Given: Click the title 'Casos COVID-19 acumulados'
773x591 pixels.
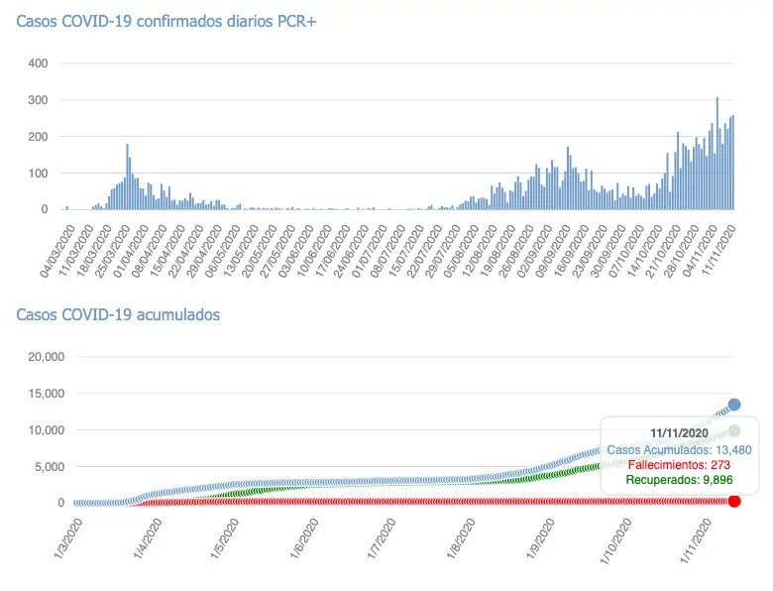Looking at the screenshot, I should (118, 314).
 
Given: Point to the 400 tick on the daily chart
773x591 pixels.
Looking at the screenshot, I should (38, 63).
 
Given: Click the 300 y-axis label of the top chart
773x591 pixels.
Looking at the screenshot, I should (38, 100).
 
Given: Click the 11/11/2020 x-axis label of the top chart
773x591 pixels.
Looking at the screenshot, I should (721, 248).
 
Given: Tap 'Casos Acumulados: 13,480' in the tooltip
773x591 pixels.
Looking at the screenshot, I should (679, 449).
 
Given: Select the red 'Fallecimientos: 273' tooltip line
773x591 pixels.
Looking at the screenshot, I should (679, 464).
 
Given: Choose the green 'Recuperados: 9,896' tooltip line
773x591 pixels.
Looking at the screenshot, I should (679, 480).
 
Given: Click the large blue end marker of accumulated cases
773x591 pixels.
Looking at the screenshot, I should (734, 405).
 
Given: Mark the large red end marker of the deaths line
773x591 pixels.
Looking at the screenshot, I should (734, 501).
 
